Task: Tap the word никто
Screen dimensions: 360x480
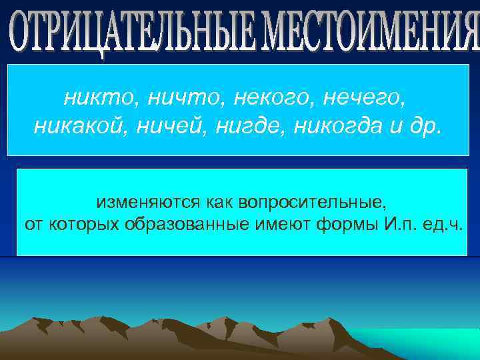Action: point(93,99)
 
